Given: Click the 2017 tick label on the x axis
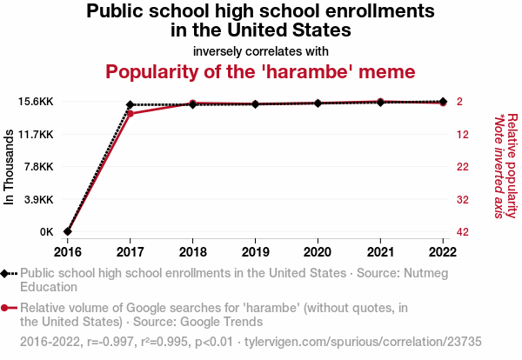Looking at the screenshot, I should pyautogui.click(x=130, y=252).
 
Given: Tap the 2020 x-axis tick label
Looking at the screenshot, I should pyautogui.click(x=318, y=252).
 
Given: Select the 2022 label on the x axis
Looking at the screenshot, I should pyautogui.click(x=443, y=252).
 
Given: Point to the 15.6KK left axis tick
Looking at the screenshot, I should pyautogui.click(x=35, y=102).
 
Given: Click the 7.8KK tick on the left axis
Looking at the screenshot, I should pyautogui.click(x=38, y=167).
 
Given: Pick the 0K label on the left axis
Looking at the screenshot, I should pyautogui.click(x=45, y=232).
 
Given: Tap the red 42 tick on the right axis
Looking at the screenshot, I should pyautogui.click(x=463, y=232).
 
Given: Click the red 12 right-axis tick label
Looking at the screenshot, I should pyautogui.click(x=463, y=134).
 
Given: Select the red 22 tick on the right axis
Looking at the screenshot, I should pyautogui.click(x=463, y=167).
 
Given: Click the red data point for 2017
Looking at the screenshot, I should pyautogui.click(x=130, y=114).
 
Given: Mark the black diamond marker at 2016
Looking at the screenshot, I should pyautogui.click(x=68, y=231).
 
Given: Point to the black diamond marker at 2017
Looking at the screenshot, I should pyautogui.click(x=130, y=104).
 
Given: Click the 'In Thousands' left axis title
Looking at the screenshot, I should pyautogui.click(x=10, y=168).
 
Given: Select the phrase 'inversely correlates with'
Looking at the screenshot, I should pyautogui.click(x=261, y=50).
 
